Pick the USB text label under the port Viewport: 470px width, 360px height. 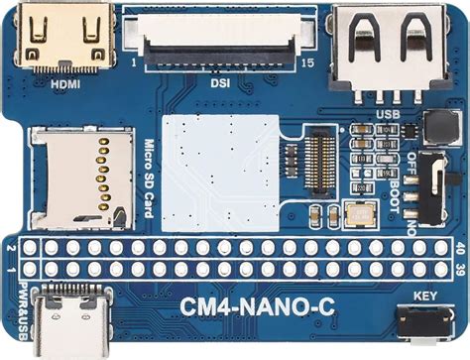coord(386,113)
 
